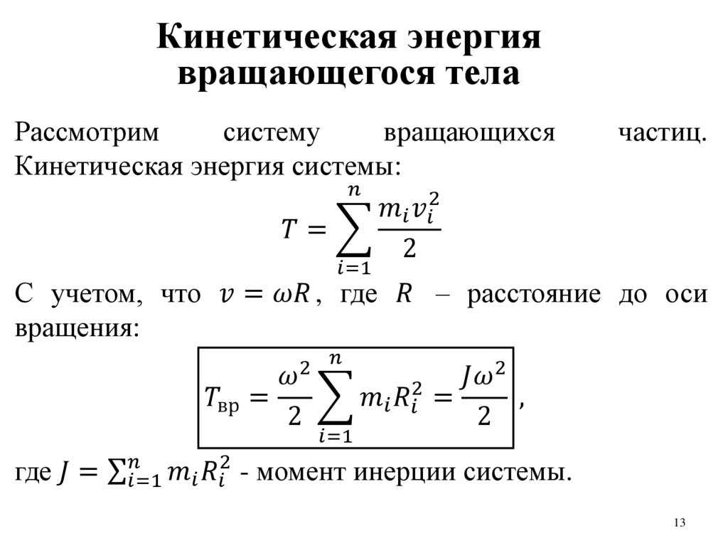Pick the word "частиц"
point(662,133)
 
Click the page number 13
point(678,524)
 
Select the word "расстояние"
point(530,294)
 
